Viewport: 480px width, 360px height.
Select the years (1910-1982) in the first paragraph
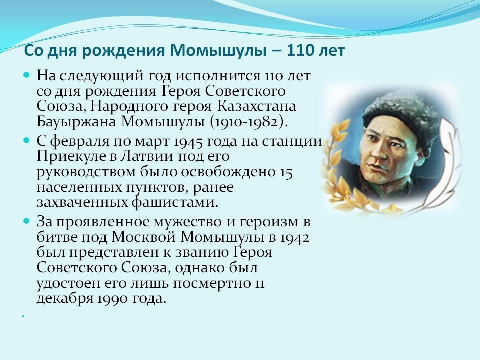tap(249, 122)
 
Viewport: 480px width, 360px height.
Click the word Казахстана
tap(256, 106)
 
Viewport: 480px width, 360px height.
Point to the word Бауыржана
tap(76, 122)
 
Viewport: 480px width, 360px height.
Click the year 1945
tap(188, 141)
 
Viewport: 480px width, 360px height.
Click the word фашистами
tap(175, 203)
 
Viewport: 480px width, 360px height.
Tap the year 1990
tap(112, 299)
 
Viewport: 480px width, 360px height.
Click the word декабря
tap(65, 299)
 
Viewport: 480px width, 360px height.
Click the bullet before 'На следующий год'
tap(27, 74)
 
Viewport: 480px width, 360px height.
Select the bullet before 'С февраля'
tap(27, 140)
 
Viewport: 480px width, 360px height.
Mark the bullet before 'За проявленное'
tap(27, 220)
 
